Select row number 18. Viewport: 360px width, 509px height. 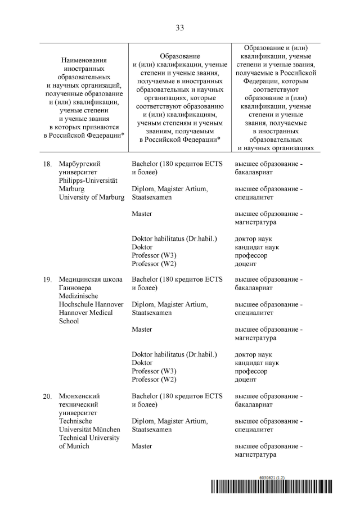pyautogui.click(x=47, y=164)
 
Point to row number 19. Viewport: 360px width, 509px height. pyautogui.click(x=47, y=280)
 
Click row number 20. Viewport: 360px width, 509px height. pyautogui.click(x=47, y=397)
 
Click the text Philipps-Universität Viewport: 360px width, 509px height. pyautogui.click(x=88, y=181)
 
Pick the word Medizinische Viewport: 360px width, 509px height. pyautogui.click(x=78, y=296)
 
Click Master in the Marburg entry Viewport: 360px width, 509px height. pyautogui.click(x=142, y=214)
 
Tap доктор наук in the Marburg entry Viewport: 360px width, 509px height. pyautogui.click(x=253, y=238)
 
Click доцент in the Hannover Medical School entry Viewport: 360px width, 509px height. pyautogui.click(x=245, y=380)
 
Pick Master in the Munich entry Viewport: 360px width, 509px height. pyautogui.click(x=142, y=446)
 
